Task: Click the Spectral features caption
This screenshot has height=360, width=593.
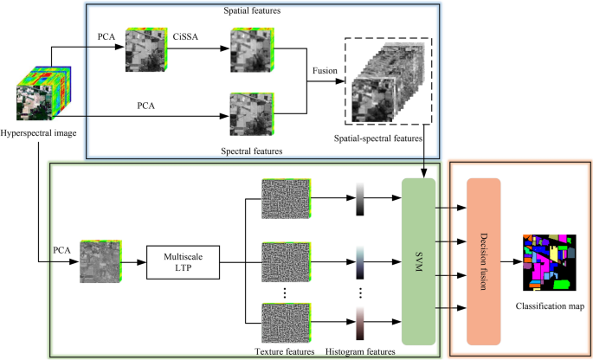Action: point(253,150)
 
